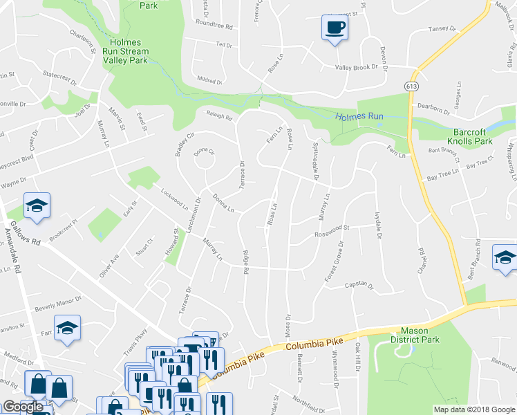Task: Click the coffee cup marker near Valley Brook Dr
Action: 335,28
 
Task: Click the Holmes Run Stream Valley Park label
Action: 125,51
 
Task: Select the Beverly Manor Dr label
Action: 58,302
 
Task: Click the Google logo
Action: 23,407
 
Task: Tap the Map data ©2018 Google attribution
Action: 474,409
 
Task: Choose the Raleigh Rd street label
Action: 218,116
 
